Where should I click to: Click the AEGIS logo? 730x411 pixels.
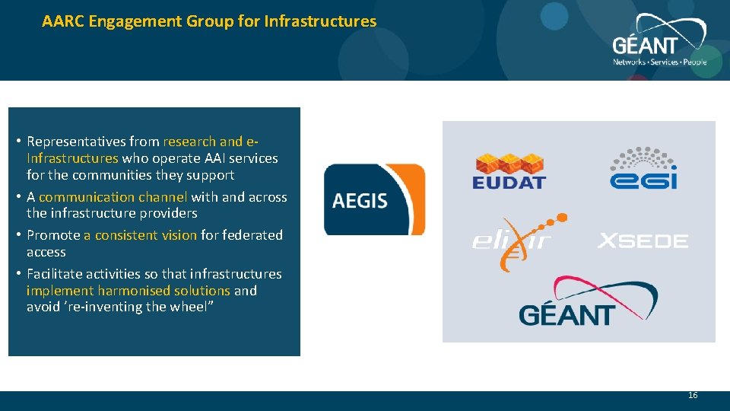point(374,199)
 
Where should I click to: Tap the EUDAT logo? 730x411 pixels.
point(509,171)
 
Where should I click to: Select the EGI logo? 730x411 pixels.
point(643,168)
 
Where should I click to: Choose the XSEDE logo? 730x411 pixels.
point(643,241)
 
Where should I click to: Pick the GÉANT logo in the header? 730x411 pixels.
point(659,42)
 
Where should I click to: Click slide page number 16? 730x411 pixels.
point(692,395)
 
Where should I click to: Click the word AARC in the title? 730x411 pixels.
point(63,21)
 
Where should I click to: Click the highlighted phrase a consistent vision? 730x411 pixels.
point(140,235)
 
